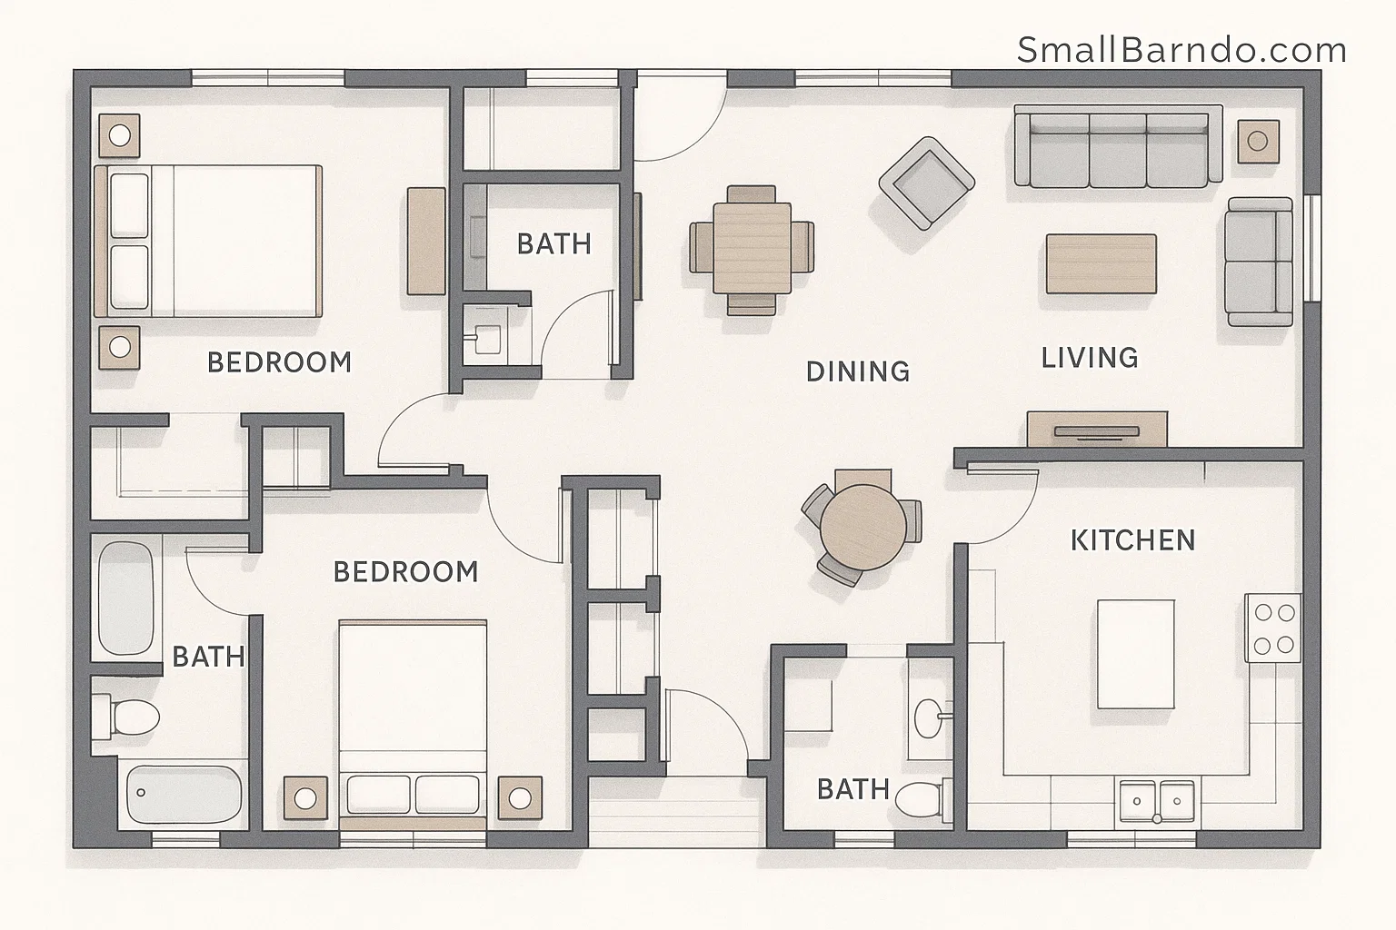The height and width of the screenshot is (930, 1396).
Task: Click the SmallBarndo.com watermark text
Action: (x=1182, y=51)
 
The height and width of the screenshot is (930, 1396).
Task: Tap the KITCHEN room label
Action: (x=1132, y=540)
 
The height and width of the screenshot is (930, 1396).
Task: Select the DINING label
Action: (x=857, y=371)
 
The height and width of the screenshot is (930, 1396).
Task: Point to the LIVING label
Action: (x=1090, y=357)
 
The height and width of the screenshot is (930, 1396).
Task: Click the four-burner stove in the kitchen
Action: (x=1273, y=628)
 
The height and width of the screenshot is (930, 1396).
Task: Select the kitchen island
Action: (x=1135, y=654)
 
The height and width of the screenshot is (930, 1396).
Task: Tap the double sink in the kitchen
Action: (x=1157, y=800)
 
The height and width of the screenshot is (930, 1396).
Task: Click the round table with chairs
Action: (x=863, y=527)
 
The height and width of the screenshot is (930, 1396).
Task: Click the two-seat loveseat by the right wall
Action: (x=1259, y=262)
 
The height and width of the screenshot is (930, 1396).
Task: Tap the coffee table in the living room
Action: (x=1102, y=263)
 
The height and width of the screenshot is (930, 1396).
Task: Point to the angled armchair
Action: (x=926, y=183)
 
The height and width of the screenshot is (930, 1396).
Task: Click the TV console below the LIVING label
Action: (x=1097, y=429)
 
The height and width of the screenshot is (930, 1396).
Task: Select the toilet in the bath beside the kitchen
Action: (x=921, y=799)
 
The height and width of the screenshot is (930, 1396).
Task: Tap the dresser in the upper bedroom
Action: (x=425, y=241)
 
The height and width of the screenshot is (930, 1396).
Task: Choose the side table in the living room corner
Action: (x=1258, y=141)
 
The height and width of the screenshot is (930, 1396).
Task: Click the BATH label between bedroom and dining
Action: (x=553, y=243)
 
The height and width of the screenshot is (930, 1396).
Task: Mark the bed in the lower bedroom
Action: (x=413, y=717)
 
